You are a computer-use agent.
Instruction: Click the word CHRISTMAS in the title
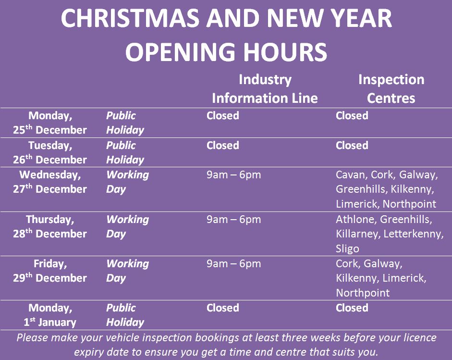click(x=130, y=18)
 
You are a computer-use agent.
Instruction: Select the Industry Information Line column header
click(x=265, y=88)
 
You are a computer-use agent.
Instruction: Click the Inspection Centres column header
click(x=391, y=88)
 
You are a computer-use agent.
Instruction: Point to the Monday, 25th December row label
click(x=50, y=123)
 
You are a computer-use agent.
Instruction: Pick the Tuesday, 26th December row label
click(x=50, y=152)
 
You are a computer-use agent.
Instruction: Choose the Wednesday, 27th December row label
click(x=50, y=182)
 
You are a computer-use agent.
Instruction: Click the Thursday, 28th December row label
click(x=50, y=226)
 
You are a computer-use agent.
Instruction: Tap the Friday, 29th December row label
click(x=50, y=271)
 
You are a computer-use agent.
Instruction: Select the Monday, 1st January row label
click(x=50, y=315)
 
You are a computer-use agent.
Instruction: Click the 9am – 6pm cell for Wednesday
click(x=233, y=175)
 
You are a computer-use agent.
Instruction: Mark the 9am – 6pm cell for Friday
click(x=233, y=264)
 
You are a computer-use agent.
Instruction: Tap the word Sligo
click(x=347, y=248)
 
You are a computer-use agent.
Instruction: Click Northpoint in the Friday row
click(x=363, y=293)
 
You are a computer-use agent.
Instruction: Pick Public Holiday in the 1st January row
click(x=125, y=315)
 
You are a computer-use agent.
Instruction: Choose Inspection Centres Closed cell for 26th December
click(x=352, y=145)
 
